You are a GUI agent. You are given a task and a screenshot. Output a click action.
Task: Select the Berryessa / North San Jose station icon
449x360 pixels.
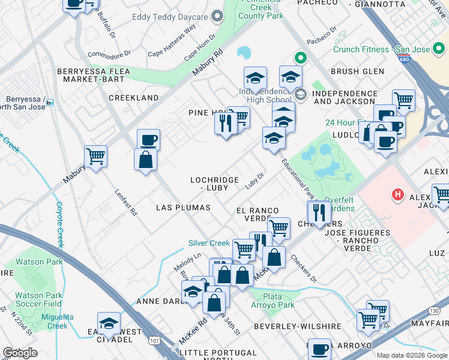50,103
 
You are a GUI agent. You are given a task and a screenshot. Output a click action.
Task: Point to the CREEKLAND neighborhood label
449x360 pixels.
133,98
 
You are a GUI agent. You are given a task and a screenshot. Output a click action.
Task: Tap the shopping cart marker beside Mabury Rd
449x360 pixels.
96,157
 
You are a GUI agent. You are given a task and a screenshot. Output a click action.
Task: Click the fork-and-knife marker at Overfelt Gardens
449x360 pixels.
318,212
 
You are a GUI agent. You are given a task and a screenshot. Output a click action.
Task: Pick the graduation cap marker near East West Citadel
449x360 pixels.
109,323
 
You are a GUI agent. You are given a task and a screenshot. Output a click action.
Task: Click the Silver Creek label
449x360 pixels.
209,243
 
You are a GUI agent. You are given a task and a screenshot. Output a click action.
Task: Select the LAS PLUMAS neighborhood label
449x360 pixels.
183,208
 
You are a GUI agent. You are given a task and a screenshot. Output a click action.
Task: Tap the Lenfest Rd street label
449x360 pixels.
126,203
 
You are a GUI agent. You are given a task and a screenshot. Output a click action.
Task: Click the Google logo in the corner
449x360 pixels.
20,352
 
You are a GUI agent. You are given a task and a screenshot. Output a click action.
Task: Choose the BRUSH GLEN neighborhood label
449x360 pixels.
357,71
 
